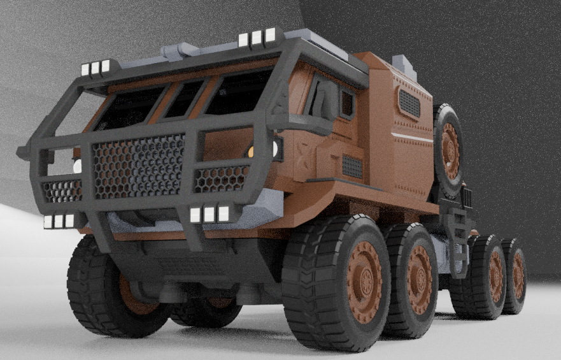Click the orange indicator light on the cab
(x=251, y=152)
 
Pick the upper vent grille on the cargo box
(x=409, y=103)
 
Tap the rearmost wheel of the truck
(x=515, y=276)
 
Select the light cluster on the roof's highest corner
(x=257, y=38)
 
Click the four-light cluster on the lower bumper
(x=209, y=214)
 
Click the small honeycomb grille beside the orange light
(x=221, y=178)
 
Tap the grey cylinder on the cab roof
(x=180, y=50)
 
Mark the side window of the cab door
(x=347, y=103)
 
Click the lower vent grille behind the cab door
(x=352, y=166)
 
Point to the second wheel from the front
(x=414, y=278)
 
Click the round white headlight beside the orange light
(x=276, y=149)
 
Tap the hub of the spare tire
(x=451, y=150)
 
